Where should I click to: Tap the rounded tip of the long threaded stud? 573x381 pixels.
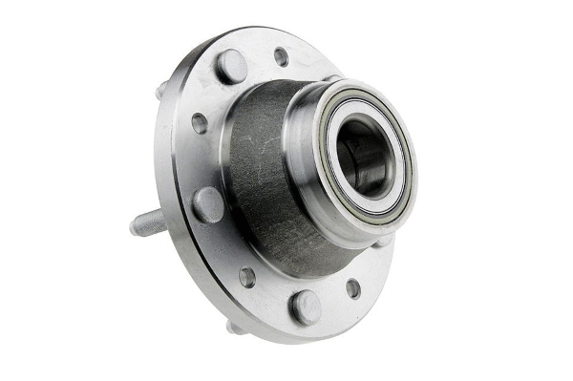(x=133, y=228)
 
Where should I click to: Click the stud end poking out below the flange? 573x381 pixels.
(x=233, y=327)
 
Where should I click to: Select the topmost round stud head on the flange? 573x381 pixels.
(x=231, y=66)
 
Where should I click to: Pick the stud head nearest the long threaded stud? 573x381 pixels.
(x=207, y=204)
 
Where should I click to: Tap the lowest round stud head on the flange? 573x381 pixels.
(x=306, y=306)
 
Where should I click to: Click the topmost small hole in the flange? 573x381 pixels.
(x=281, y=56)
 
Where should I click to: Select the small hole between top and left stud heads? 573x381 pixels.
(x=199, y=123)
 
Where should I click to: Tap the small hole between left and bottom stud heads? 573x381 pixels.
(x=247, y=277)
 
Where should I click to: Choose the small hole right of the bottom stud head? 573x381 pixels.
(x=353, y=287)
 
